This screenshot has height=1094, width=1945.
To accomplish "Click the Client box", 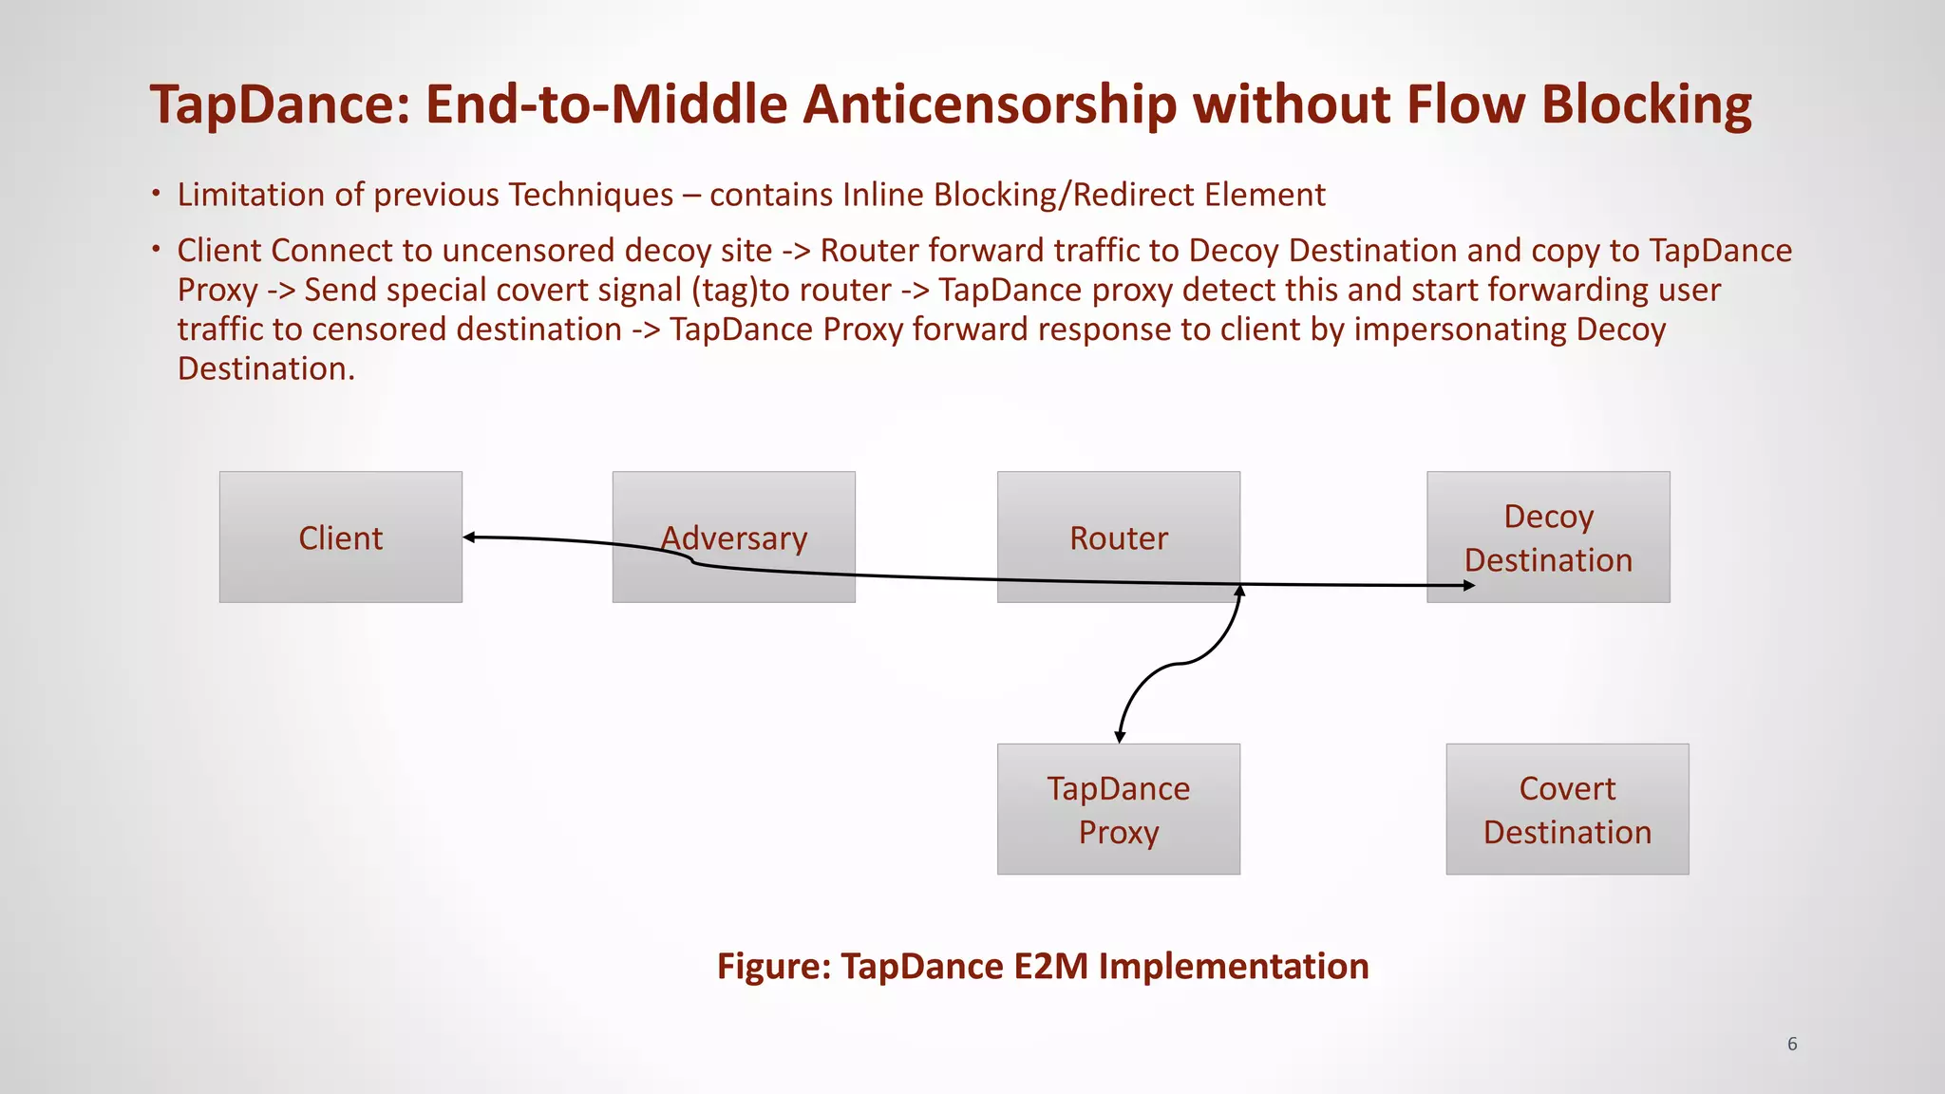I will click(x=340, y=537).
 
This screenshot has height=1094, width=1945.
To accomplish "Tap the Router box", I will click(x=1118, y=537).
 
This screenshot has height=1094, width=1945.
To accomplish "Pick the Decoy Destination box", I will click(x=1548, y=537).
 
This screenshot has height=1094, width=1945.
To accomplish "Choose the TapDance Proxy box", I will click(x=1118, y=808).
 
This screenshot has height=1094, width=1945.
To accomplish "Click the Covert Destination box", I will click(x=1567, y=808).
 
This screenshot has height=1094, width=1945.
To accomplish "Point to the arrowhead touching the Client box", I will click(x=469, y=538).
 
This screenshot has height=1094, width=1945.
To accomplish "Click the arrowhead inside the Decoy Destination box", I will click(x=1468, y=586).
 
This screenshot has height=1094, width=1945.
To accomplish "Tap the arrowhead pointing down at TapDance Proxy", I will click(x=1121, y=736).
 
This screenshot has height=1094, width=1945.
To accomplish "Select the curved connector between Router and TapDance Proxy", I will click(x=1178, y=664).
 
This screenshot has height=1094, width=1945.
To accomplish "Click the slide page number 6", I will click(x=1792, y=1044).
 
